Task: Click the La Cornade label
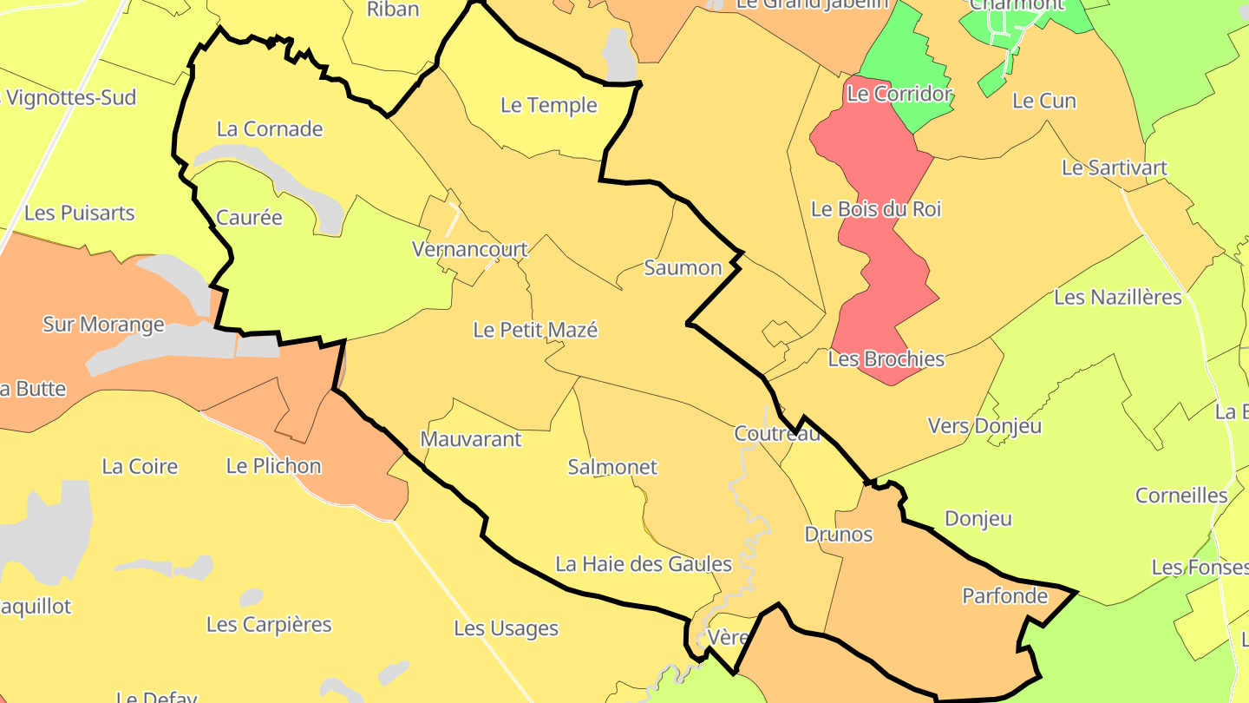(269, 129)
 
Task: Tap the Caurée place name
(249, 217)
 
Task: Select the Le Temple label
(549, 105)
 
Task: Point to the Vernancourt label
(469, 250)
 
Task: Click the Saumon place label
(683, 267)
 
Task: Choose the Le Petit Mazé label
(535, 330)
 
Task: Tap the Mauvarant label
(470, 439)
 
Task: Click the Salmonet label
(611, 467)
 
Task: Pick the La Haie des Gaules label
(644, 564)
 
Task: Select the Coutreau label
(776, 434)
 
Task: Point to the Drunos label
(838, 534)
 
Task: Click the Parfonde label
(1004, 596)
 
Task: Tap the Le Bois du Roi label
(875, 209)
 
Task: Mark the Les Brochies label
(886, 358)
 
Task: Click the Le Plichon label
(273, 466)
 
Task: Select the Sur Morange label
(103, 325)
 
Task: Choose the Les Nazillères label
(1117, 297)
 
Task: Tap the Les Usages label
(506, 628)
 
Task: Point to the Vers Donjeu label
(984, 426)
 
